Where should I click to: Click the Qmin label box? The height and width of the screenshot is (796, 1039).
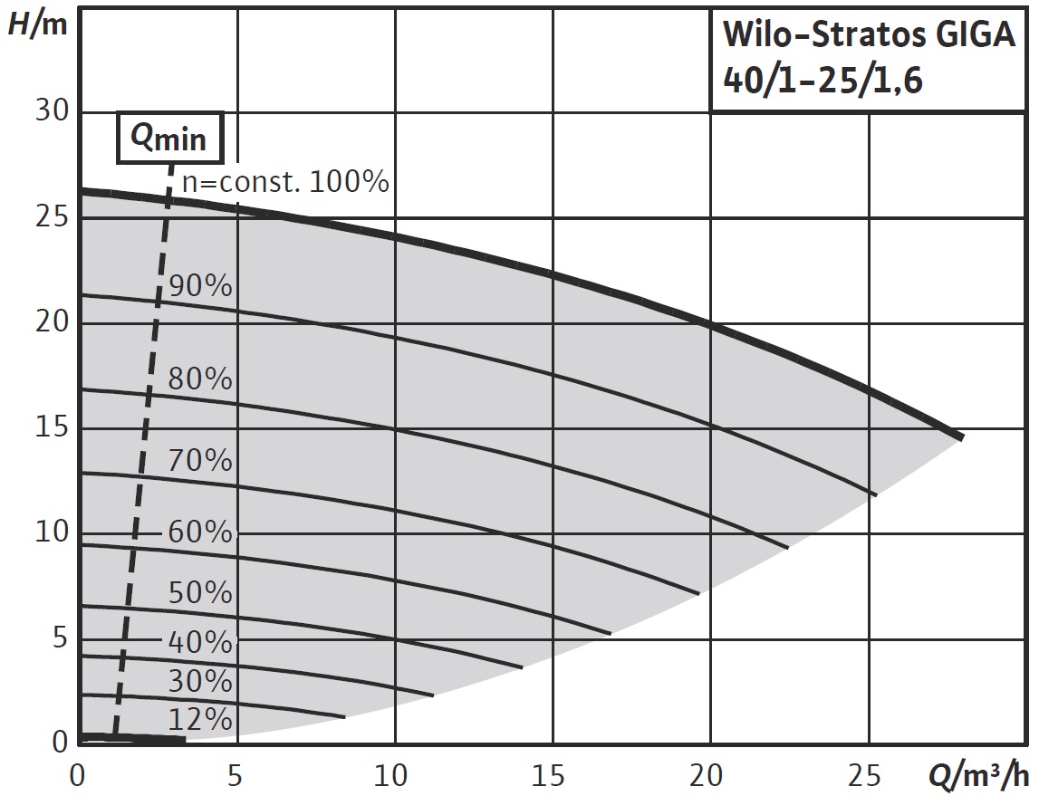tap(169, 138)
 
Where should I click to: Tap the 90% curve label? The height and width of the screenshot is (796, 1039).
tap(200, 287)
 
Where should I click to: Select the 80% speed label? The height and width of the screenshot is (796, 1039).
tap(200, 379)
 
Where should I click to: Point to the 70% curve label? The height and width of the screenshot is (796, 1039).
tap(200, 461)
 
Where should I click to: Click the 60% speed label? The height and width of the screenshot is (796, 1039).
tap(200, 532)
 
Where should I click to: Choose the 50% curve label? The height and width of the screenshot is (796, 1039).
tap(200, 593)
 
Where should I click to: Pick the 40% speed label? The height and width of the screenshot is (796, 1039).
tap(200, 642)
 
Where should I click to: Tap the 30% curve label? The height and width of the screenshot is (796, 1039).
tap(200, 681)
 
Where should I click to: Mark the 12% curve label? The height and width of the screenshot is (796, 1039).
tap(200, 720)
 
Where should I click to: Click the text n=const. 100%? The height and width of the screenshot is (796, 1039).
tap(285, 182)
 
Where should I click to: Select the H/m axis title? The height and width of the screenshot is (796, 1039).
tap(37, 24)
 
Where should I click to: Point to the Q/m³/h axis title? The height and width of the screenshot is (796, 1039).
tap(978, 776)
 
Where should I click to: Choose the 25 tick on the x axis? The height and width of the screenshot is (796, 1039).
tap(868, 776)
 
